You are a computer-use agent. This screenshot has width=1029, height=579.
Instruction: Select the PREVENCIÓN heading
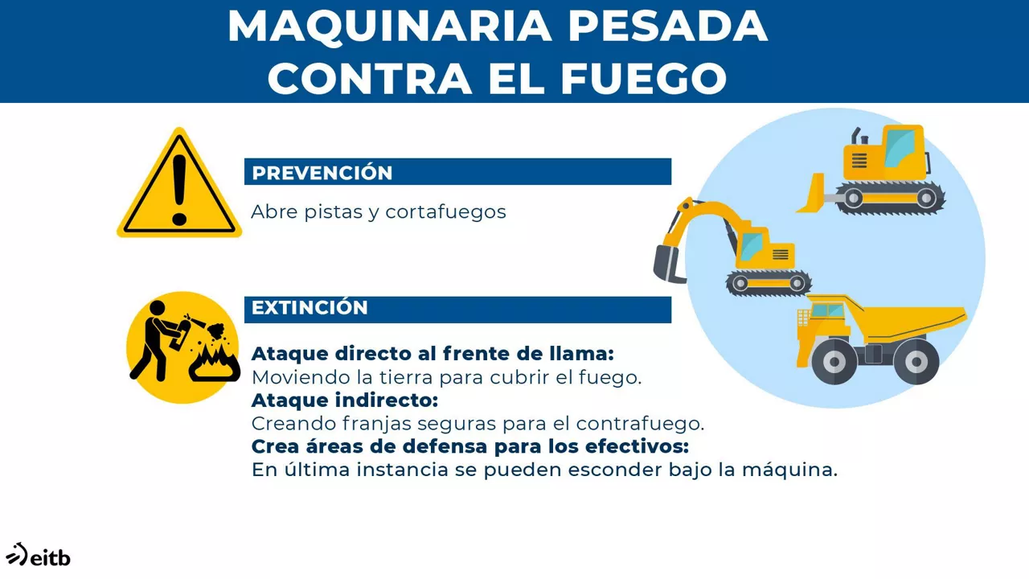pyautogui.click(x=322, y=173)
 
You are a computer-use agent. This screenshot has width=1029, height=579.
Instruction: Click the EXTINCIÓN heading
pyautogui.click(x=310, y=308)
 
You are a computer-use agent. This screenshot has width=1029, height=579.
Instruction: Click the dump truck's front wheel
pyautogui.click(x=834, y=362)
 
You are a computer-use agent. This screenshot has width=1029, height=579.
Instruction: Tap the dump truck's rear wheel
pyautogui.click(x=916, y=362)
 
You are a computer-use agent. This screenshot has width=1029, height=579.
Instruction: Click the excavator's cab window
pyautogui.click(x=751, y=244)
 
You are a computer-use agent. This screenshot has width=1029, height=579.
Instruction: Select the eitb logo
pyautogui.click(x=38, y=554)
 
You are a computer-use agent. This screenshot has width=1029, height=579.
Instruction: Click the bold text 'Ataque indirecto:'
pyautogui.click(x=345, y=400)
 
